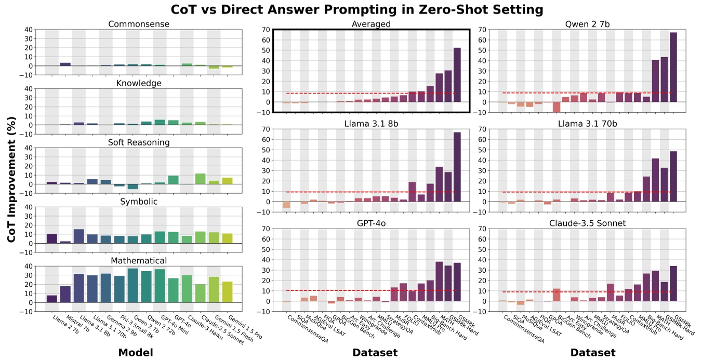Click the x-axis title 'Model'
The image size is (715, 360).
click(136, 353)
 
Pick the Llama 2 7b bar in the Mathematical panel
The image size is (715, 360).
click(52, 299)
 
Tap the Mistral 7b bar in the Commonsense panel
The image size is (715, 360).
click(65, 64)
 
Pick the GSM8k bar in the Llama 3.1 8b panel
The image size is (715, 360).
click(457, 167)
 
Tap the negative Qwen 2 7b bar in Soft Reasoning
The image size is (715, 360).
click(133, 186)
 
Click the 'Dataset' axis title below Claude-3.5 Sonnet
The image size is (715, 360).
click(593, 353)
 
